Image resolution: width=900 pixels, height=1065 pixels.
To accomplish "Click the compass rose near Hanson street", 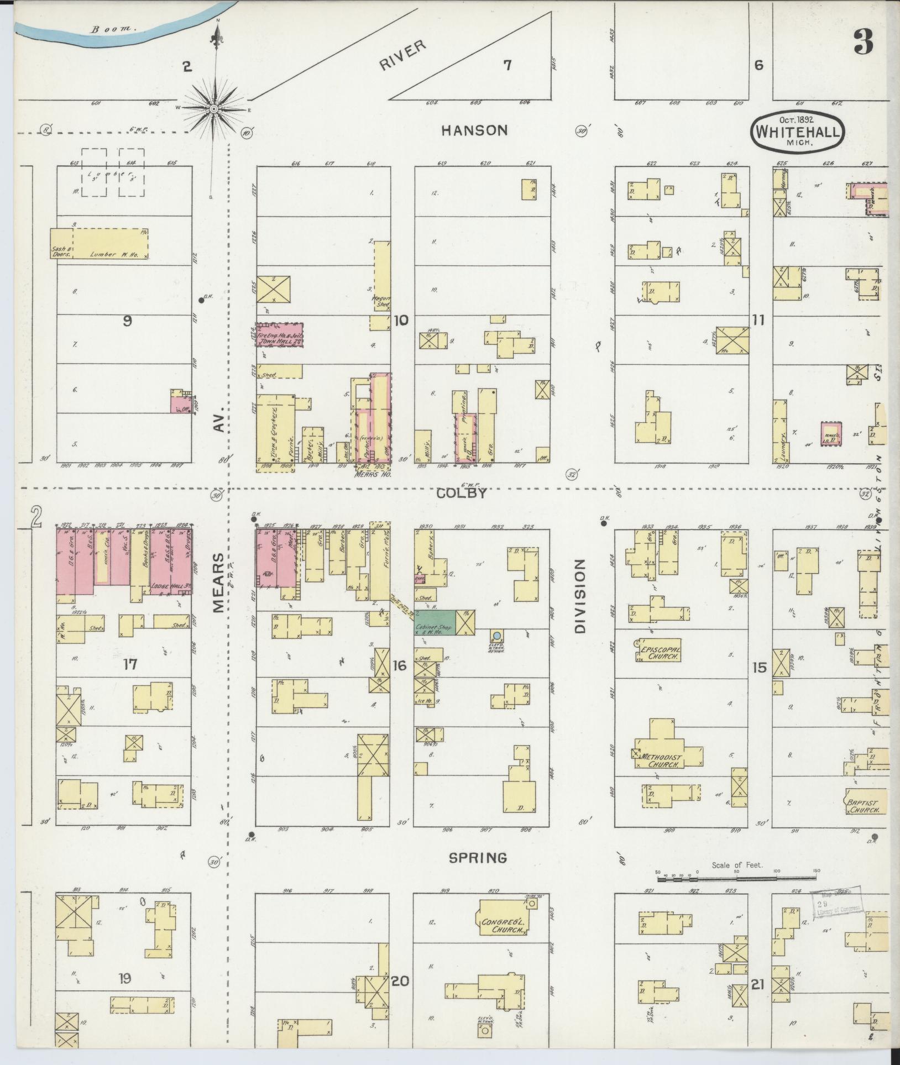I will tap(213, 109).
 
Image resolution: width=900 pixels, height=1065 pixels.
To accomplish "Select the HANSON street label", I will tap(474, 130).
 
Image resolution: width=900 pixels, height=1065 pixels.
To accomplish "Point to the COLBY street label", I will tap(462, 494).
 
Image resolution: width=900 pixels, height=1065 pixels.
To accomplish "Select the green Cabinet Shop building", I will tap(436, 622).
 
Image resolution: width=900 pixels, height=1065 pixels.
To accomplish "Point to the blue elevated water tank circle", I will tap(497, 636).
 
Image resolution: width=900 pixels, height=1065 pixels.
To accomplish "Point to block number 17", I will tap(130, 665).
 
